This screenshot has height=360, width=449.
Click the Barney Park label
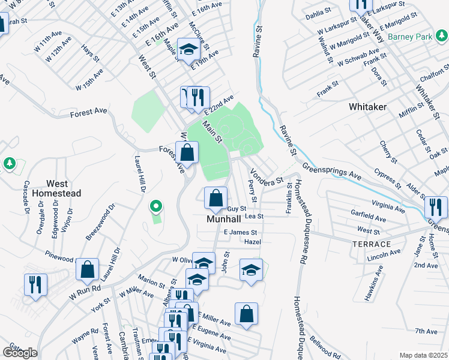[x=410, y=37]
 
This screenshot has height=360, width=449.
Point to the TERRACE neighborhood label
[x=372, y=244]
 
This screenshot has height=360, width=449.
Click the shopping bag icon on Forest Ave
[x=187, y=152]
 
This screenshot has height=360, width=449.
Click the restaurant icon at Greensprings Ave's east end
[x=436, y=208]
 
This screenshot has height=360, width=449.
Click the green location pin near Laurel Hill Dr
[x=156, y=207]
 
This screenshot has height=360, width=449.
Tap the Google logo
[x=20, y=352]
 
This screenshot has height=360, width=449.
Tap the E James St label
[x=240, y=232]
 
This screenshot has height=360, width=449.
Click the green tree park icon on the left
[x=9, y=163]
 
